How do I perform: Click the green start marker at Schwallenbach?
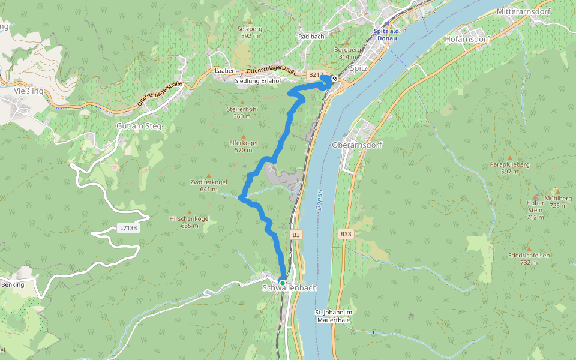[282, 282]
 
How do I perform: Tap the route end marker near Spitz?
[335, 79]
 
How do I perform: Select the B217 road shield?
[315, 75]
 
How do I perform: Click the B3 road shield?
[296, 235]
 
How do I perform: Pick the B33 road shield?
[345, 234]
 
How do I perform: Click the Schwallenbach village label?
[289, 289]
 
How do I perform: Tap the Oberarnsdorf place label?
[356, 145]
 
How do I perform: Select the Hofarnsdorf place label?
[467, 39]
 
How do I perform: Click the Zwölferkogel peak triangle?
[209, 175]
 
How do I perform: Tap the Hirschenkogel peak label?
[190, 219]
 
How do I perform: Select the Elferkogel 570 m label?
[243, 146]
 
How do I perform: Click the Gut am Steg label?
[139, 127]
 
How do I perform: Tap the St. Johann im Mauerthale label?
[341, 316]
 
